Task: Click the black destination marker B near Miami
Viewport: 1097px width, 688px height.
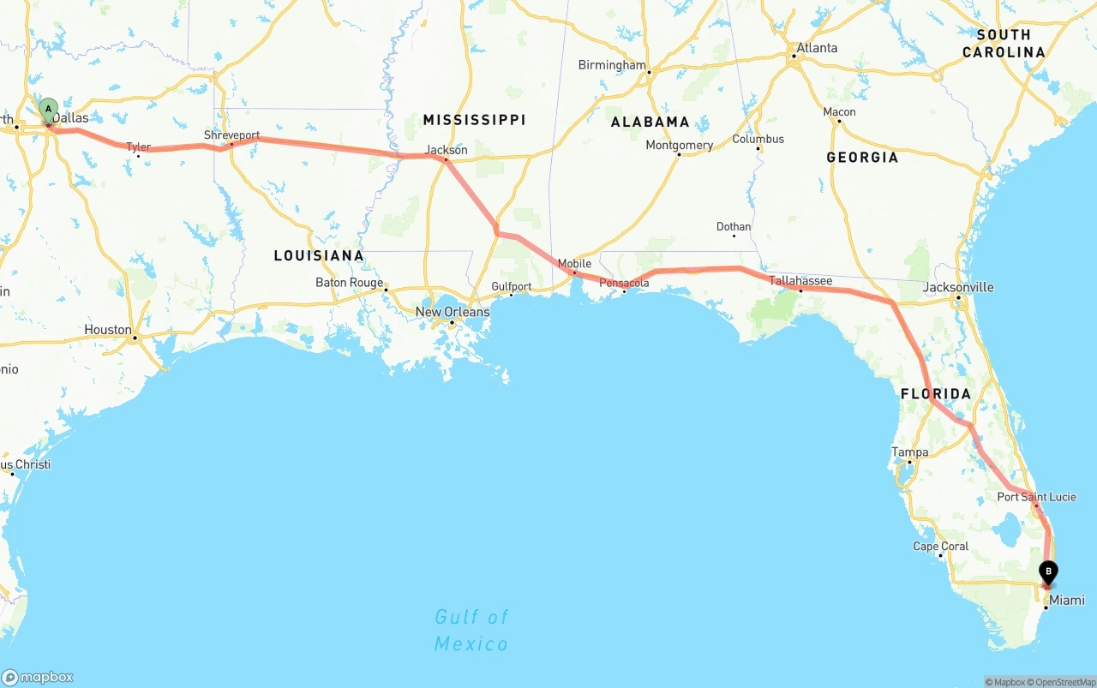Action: [x=1048, y=571]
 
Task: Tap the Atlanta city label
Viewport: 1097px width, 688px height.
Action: [x=817, y=48]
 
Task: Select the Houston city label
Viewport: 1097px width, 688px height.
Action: [x=108, y=330]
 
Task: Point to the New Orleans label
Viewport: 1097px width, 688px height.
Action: [x=453, y=312]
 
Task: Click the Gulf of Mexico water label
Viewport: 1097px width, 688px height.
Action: [x=471, y=630]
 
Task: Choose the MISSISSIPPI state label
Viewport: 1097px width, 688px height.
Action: [x=474, y=119]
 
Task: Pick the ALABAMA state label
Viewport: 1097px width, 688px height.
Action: [x=650, y=122]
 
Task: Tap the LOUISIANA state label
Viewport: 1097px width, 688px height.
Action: [x=319, y=255]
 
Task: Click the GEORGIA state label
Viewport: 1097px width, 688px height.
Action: [x=862, y=157]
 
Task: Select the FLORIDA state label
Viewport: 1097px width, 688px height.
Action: [x=936, y=394]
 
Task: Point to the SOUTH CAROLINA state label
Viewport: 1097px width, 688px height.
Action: [x=1004, y=44]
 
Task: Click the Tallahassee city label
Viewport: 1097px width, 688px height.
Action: [x=800, y=280]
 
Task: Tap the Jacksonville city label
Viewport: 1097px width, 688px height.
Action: [x=958, y=287]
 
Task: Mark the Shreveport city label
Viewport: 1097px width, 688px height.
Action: [x=231, y=135]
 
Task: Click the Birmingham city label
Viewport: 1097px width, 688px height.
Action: [x=612, y=65]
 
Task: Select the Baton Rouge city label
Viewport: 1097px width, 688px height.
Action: [x=349, y=283]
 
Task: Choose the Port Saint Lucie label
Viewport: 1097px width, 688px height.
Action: [x=1036, y=497]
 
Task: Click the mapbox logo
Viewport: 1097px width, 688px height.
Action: [x=38, y=677]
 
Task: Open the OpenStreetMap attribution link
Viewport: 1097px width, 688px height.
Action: [x=1064, y=682]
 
